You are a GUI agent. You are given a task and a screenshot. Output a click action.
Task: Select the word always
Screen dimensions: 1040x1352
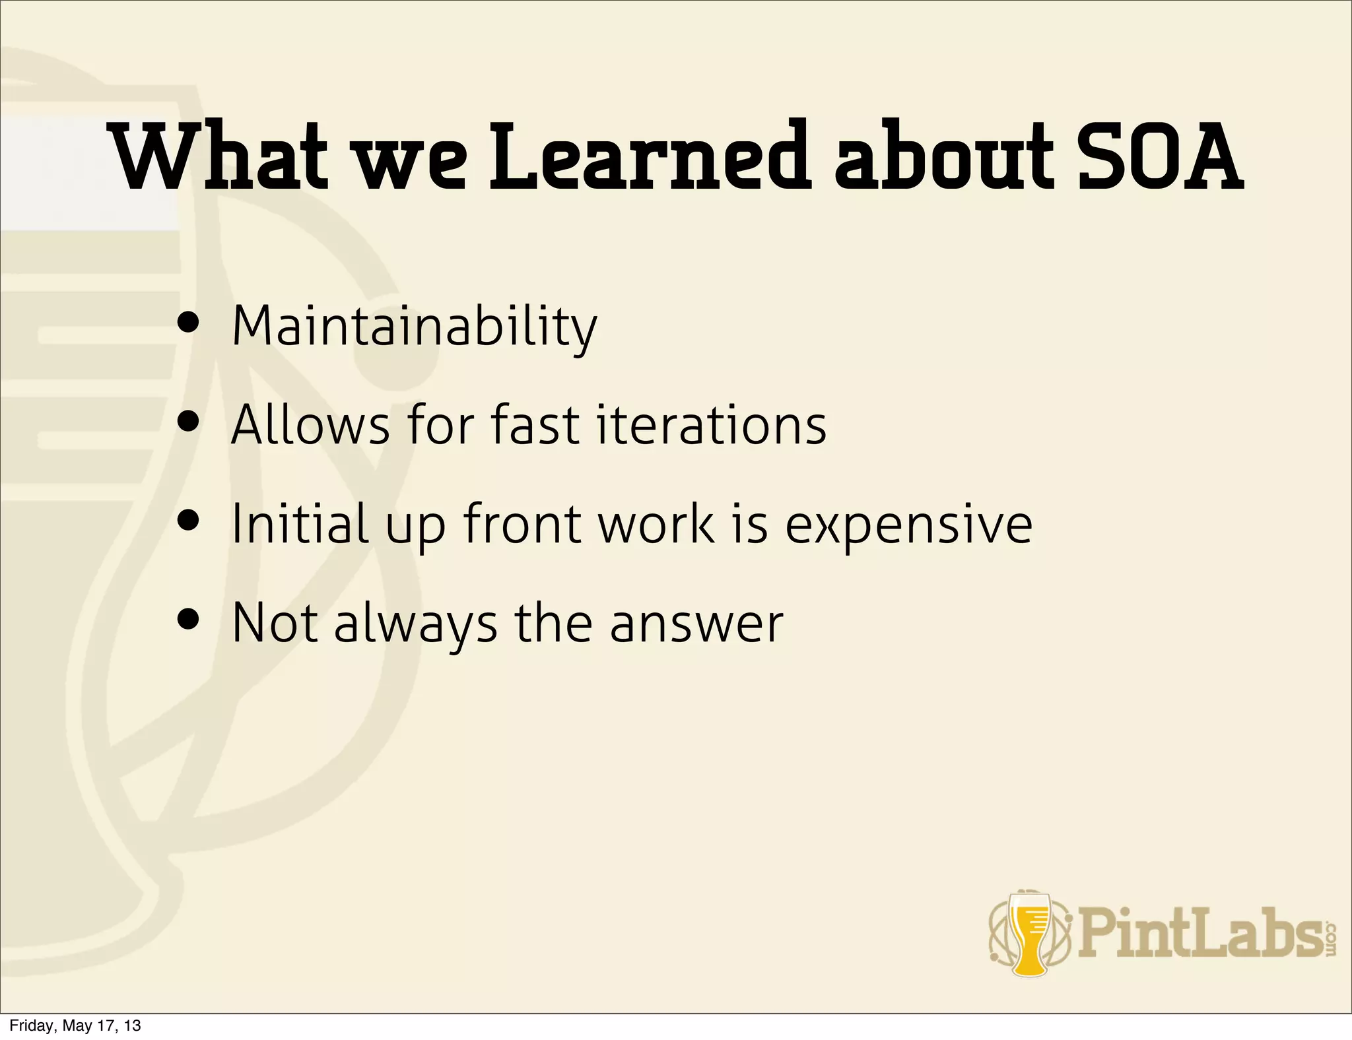click(x=416, y=624)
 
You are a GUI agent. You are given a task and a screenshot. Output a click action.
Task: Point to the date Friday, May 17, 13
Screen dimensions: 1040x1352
click(x=75, y=1025)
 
